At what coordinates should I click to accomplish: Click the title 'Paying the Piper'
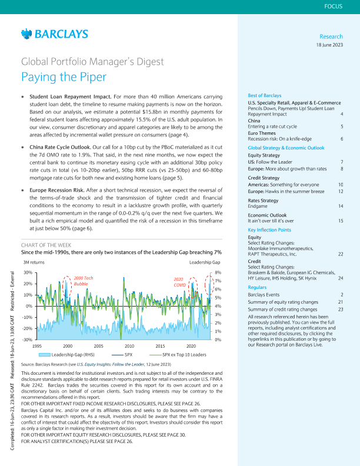tap(64, 76)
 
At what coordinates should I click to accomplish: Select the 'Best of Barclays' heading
tap(265, 95)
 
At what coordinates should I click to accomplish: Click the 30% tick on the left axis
tap(28, 272)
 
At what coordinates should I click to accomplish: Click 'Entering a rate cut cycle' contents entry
tap(274, 127)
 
